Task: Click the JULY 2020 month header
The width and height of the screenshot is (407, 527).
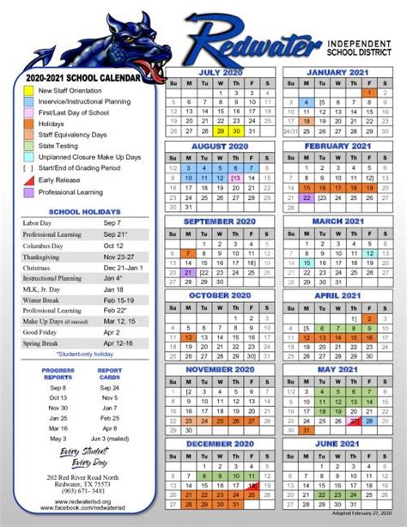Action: (221, 72)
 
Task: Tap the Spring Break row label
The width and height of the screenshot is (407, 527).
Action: (43, 342)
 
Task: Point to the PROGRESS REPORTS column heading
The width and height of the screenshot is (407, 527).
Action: (58, 373)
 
